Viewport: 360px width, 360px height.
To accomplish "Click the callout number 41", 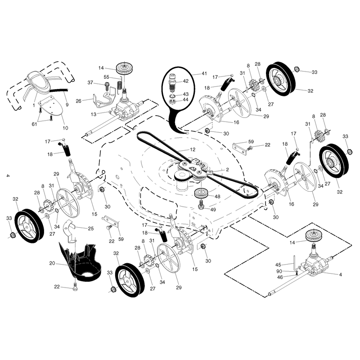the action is pyautogui.click(x=204, y=73).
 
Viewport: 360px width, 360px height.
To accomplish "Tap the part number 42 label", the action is pyautogui.click(x=185, y=81).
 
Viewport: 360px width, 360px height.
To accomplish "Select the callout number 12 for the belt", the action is pyautogui.click(x=193, y=149).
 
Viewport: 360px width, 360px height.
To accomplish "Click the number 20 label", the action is pyautogui.click(x=52, y=263).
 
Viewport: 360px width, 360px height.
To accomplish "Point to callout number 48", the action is pyautogui.click(x=217, y=197).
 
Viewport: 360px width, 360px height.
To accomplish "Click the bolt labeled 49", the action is pyautogui.click(x=201, y=205).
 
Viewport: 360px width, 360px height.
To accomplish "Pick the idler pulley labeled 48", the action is pyautogui.click(x=201, y=193).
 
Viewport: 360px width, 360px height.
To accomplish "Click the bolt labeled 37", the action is pyautogui.click(x=107, y=86).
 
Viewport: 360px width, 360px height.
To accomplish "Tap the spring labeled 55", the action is pyautogui.click(x=119, y=85).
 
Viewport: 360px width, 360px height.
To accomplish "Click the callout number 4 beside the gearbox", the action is pyautogui.click(x=341, y=274).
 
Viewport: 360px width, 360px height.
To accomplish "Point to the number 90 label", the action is pyautogui.click(x=279, y=272).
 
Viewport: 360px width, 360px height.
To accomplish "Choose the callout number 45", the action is pyautogui.click(x=278, y=265).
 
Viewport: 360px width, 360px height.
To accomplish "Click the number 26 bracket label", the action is pyautogui.click(x=78, y=101).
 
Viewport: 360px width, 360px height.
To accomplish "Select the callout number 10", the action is pyautogui.click(x=65, y=128).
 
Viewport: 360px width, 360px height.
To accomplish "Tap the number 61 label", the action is pyautogui.click(x=34, y=124).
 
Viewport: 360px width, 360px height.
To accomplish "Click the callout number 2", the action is pyautogui.click(x=227, y=170).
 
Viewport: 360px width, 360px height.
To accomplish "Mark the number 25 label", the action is pyautogui.click(x=91, y=229).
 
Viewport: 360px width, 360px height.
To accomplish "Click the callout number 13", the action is pyautogui.click(x=94, y=114).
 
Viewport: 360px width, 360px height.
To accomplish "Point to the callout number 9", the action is pyautogui.click(x=67, y=105).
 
